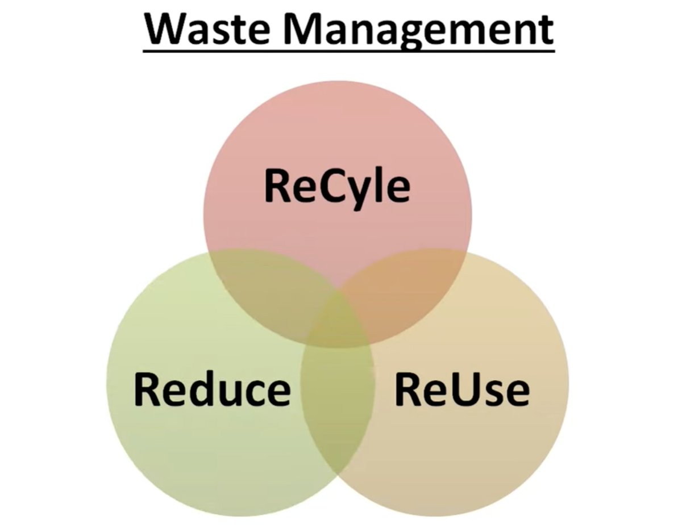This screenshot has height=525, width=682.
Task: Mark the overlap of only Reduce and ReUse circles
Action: pos(338,409)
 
